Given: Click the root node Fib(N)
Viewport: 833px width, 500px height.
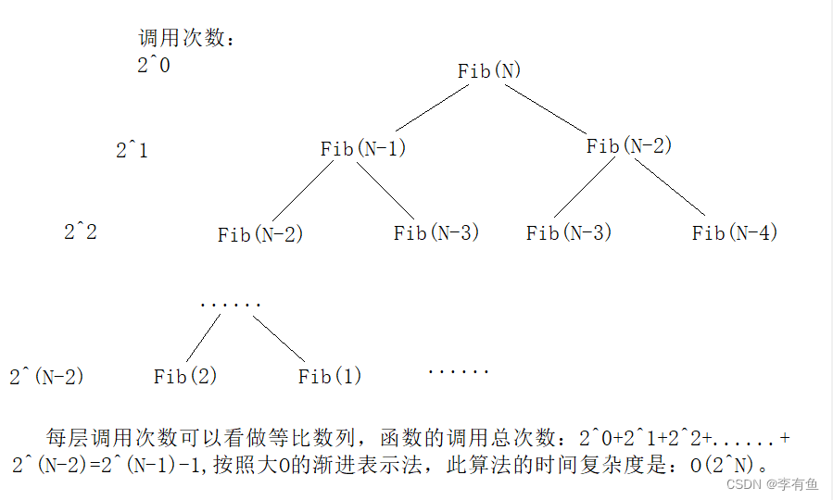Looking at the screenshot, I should (490, 71).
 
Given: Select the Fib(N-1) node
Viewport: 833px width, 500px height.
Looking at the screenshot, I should (363, 148).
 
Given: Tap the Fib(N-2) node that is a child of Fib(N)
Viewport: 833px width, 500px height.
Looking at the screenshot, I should (628, 145).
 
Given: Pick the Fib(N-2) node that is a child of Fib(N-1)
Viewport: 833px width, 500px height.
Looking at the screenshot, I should (260, 234).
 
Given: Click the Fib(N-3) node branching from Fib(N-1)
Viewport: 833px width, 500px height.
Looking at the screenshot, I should (435, 232).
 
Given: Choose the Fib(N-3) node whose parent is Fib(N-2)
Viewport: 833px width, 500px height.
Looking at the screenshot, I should (569, 232).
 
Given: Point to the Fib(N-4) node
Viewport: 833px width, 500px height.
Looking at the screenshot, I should (734, 232).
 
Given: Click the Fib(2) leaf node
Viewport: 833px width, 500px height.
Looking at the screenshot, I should (185, 376).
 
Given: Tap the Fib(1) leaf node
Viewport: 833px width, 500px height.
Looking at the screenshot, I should (330, 376).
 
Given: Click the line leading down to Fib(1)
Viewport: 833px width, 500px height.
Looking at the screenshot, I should (278, 339).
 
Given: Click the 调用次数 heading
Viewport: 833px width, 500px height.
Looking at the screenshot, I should (186, 39).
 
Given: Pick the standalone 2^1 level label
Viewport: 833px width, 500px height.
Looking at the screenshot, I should (132, 150).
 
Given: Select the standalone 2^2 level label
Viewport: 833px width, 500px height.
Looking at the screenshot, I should (81, 231).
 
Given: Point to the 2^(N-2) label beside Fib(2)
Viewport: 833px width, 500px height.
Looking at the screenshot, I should (46, 377).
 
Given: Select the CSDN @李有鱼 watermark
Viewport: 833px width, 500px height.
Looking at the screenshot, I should (772, 484).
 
